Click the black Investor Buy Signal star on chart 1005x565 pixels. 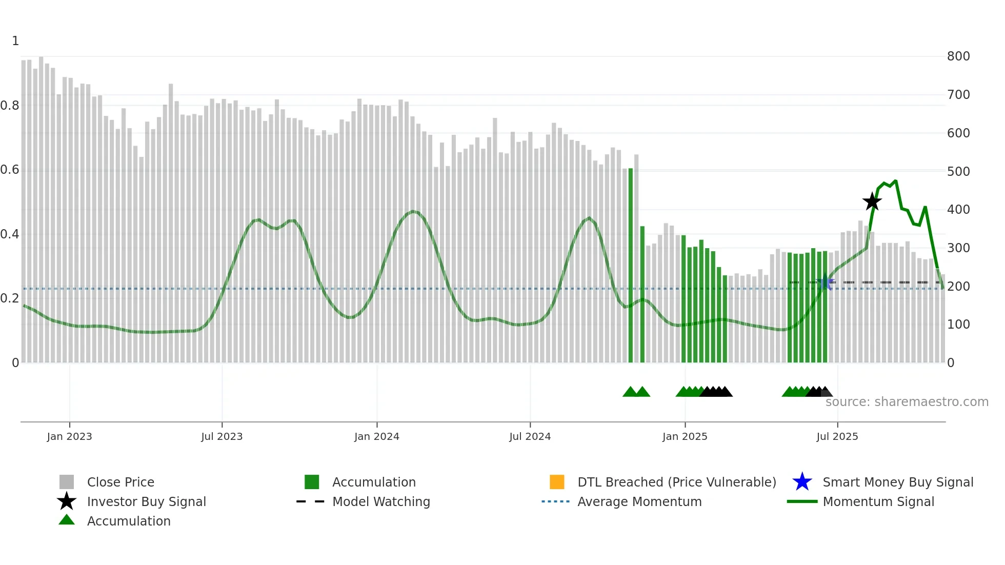click(x=872, y=201)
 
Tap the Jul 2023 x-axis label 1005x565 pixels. click(x=222, y=436)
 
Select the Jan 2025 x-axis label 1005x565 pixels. click(x=685, y=436)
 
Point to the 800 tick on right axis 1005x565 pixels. click(x=958, y=56)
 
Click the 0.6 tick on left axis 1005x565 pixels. click(x=10, y=170)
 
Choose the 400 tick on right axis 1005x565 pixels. click(x=958, y=210)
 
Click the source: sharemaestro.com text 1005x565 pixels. click(x=907, y=402)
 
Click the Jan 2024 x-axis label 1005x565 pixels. click(x=376, y=436)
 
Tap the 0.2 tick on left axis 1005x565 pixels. click(x=10, y=298)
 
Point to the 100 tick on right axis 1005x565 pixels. click(x=958, y=325)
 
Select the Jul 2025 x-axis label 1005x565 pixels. click(x=837, y=436)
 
